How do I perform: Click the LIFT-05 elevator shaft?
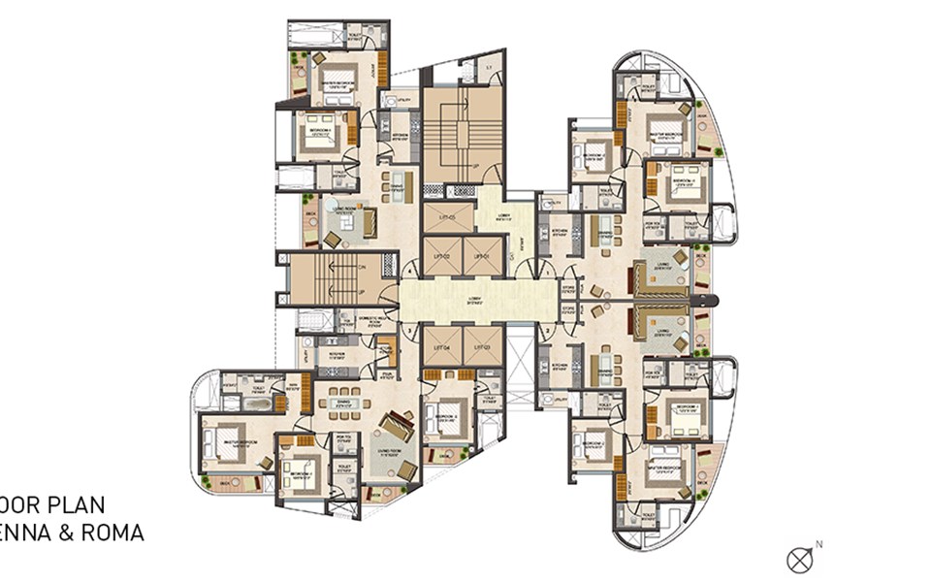point(448,218)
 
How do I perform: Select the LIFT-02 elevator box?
point(442,255)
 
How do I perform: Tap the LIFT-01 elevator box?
point(484,255)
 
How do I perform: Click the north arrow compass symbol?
point(802,559)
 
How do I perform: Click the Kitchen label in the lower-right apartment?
point(560,366)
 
